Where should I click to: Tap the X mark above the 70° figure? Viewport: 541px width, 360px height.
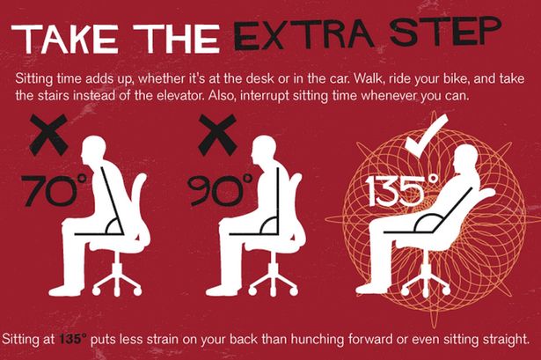pos(50,136)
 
